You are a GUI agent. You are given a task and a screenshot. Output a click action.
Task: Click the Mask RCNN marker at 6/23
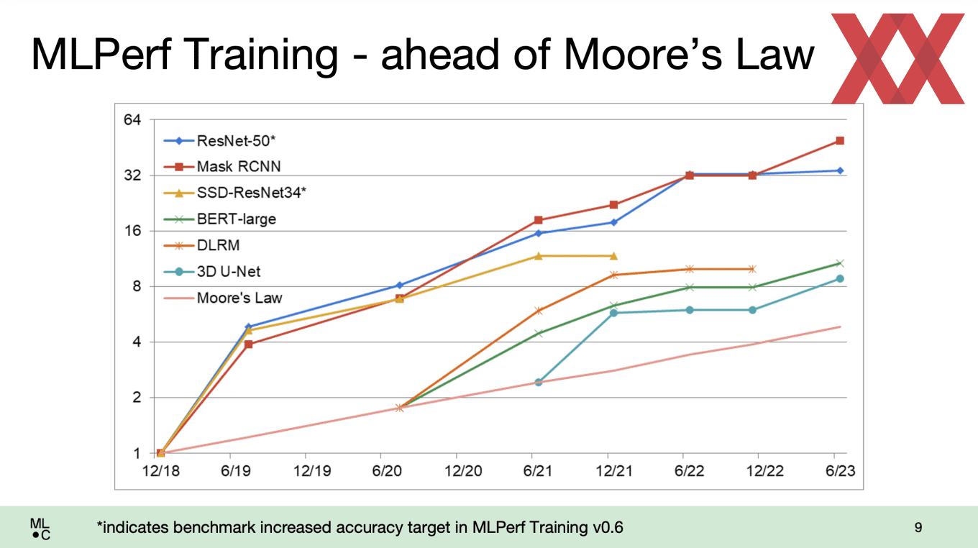click(x=839, y=141)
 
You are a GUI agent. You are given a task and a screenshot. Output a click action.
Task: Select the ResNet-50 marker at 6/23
click(x=839, y=170)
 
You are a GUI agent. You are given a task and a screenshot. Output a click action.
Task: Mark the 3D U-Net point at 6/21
click(x=538, y=382)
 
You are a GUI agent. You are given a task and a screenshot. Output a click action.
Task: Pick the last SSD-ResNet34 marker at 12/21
click(x=613, y=256)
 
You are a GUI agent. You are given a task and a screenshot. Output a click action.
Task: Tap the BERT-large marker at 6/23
click(x=839, y=263)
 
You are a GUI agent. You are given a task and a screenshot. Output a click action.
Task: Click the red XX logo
click(x=897, y=58)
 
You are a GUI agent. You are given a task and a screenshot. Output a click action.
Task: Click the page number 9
click(x=918, y=528)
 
